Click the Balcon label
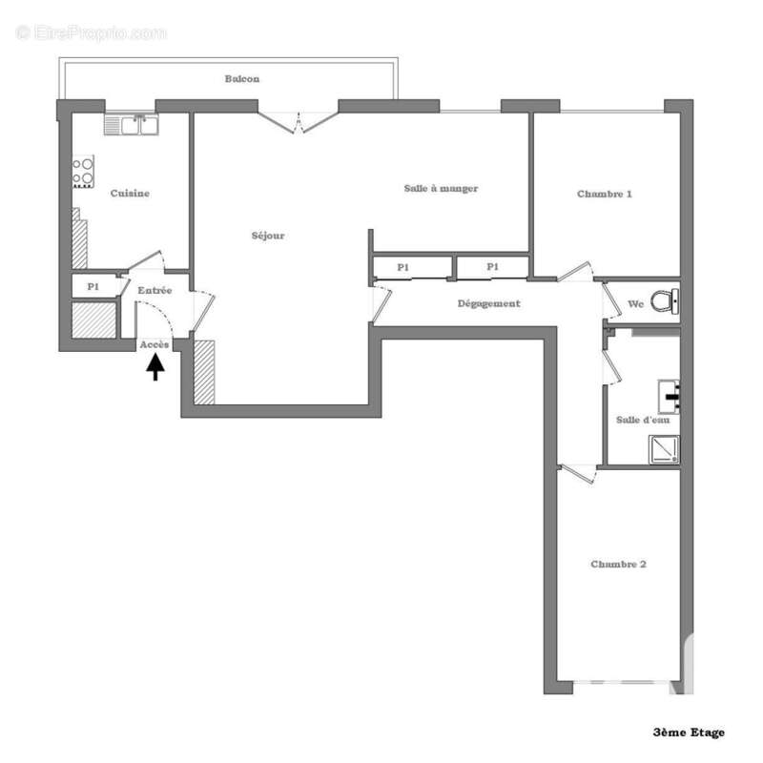(242, 79)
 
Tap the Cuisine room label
(130, 194)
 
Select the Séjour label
(268, 236)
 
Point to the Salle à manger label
(441, 189)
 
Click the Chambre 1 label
(605, 194)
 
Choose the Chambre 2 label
(618, 565)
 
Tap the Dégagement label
(489, 304)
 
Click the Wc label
(636, 305)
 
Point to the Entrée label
(155, 290)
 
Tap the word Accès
(155, 344)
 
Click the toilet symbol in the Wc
(666, 302)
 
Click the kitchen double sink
(134, 124)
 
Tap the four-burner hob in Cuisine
(84, 170)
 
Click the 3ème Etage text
(689, 732)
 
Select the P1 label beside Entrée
(93, 286)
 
